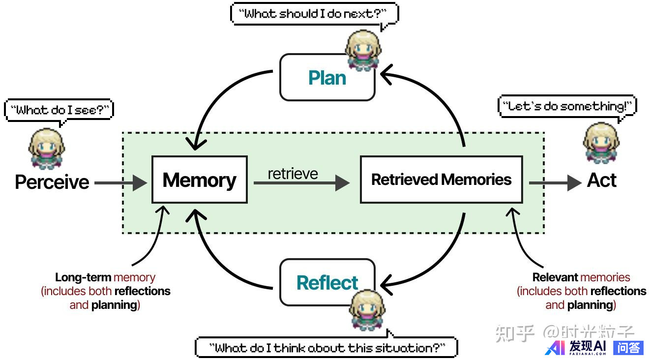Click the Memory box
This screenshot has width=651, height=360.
click(199, 180)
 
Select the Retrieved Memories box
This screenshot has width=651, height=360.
click(441, 180)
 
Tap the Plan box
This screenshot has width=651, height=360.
click(327, 78)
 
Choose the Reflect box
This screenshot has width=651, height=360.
click(327, 283)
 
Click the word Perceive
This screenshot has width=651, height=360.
click(52, 182)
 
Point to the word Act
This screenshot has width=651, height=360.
click(601, 180)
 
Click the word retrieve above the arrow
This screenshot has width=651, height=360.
click(293, 174)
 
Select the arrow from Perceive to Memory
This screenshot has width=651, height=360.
click(120, 183)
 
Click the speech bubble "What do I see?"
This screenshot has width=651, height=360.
click(59, 110)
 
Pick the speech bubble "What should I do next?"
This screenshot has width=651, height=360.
click(314, 14)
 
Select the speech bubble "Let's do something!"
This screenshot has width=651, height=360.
click(567, 106)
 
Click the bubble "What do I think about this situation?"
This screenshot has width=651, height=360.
click(326, 347)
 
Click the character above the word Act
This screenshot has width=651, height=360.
click(601, 143)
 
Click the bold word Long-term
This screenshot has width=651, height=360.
click(83, 277)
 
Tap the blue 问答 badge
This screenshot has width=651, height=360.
click(628, 348)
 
